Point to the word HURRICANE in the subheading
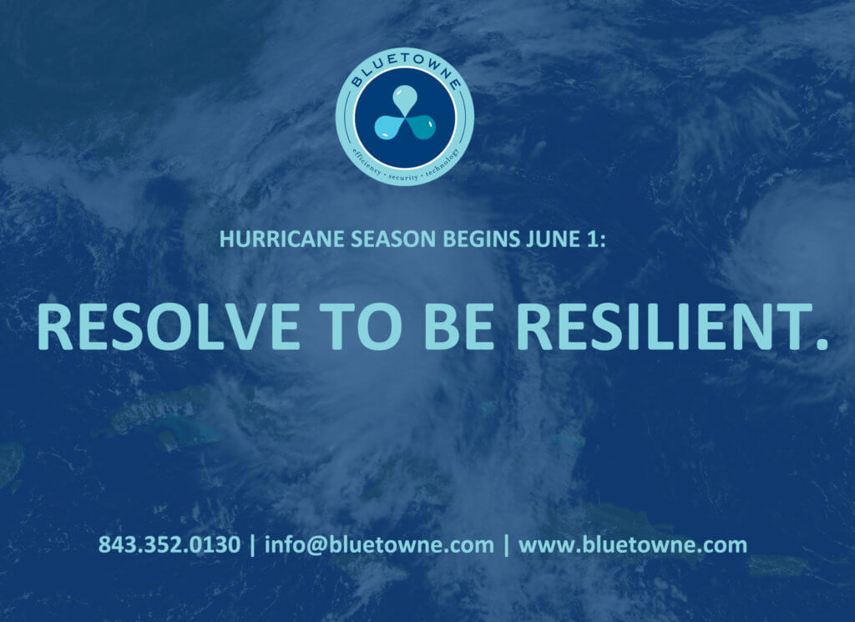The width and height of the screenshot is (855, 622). point(281,240)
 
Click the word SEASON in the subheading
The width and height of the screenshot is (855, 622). point(393,240)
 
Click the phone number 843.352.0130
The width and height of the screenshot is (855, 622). point(169,544)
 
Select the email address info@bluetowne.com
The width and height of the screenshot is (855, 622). point(379,545)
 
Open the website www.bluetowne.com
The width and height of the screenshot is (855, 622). point(633,545)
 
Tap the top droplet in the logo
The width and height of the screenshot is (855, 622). point(405,99)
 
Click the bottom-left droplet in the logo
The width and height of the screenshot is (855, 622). point(388,127)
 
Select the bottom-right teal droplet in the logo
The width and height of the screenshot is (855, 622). point(422,127)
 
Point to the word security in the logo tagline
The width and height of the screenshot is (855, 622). point(403,177)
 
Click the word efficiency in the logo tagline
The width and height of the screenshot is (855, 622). point(367,162)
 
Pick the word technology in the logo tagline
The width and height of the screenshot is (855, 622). point(443,163)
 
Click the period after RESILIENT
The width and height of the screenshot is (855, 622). point(822,343)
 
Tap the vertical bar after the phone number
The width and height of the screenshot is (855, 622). point(252,545)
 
